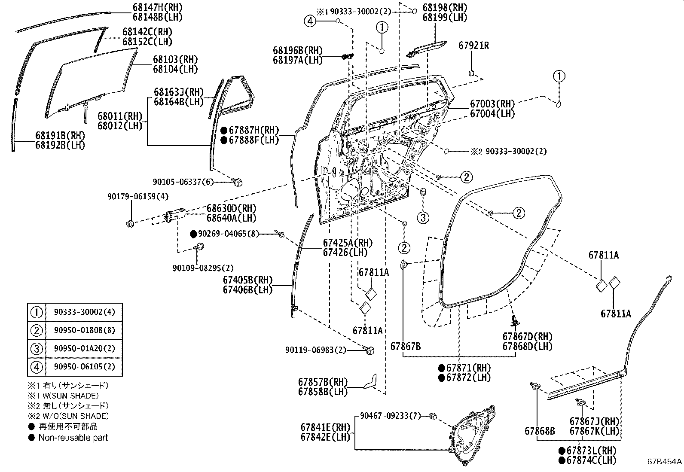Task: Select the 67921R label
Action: click(x=473, y=45)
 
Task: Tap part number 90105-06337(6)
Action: click(x=183, y=182)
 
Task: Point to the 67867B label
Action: click(x=405, y=346)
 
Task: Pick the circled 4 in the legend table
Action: click(x=37, y=367)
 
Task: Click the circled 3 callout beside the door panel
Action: click(x=423, y=217)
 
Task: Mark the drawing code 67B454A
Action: click(x=664, y=462)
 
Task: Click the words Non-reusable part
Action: click(x=73, y=438)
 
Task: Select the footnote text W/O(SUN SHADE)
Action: click(x=75, y=416)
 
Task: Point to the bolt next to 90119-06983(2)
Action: click(x=369, y=350)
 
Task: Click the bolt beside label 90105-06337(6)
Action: click(x=237, y=182)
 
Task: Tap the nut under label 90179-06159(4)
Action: click(x=130, y=223)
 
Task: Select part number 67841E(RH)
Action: click(x=325, y=427)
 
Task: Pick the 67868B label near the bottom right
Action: click(x=539, y=430)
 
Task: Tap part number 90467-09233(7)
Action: click(x=390, y=415)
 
